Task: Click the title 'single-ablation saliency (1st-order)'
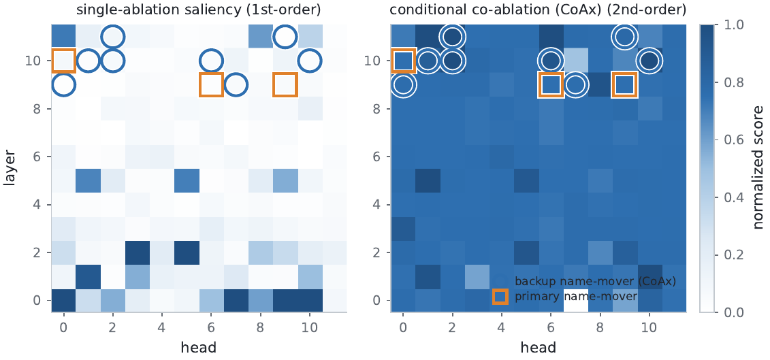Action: (x=199, y=10)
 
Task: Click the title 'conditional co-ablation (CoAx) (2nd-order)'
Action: (x=538, y=10)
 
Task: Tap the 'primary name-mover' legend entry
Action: (x=575, y=297)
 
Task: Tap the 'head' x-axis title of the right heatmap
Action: (x=538, y=348)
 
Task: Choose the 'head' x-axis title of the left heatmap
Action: (x=199, y=348)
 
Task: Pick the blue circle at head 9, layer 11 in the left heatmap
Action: (x=273, y=36)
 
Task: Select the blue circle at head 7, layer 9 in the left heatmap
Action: (x=224, y=84)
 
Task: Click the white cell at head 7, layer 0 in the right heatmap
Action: (x=575, y=299)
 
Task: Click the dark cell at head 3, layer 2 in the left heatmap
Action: (x=138, y=252)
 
